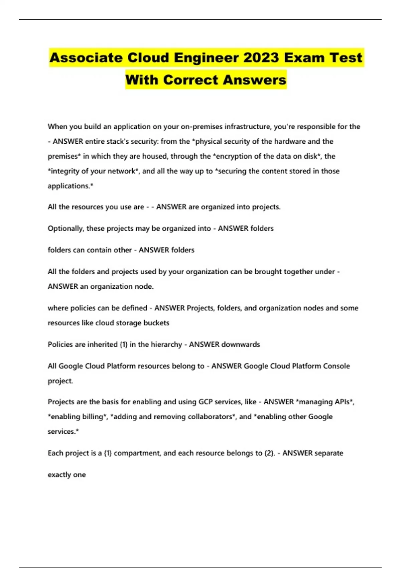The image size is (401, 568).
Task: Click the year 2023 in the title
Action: (x=261, y=58)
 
